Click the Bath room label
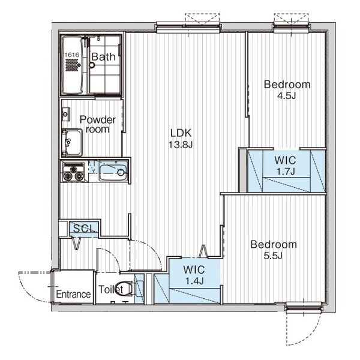click(104, 56)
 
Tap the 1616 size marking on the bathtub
click(72, 55)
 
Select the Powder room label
click(98, 124)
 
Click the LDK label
click(181, 133)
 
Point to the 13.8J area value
click(181, 145)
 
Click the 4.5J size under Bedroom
click(287, 95)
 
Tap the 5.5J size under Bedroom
click(273, 256)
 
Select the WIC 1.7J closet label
click(286, 166)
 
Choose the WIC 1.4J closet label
click(194, 275)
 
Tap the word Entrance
click(73, 294)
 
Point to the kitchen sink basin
click(113, 170)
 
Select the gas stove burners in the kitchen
click(73, 172)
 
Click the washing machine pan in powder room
click(72, 142)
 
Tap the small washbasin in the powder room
click(66, 114)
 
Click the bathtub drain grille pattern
click(72, 65)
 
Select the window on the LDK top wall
click(188, 27)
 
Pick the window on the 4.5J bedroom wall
click(291, 26)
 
